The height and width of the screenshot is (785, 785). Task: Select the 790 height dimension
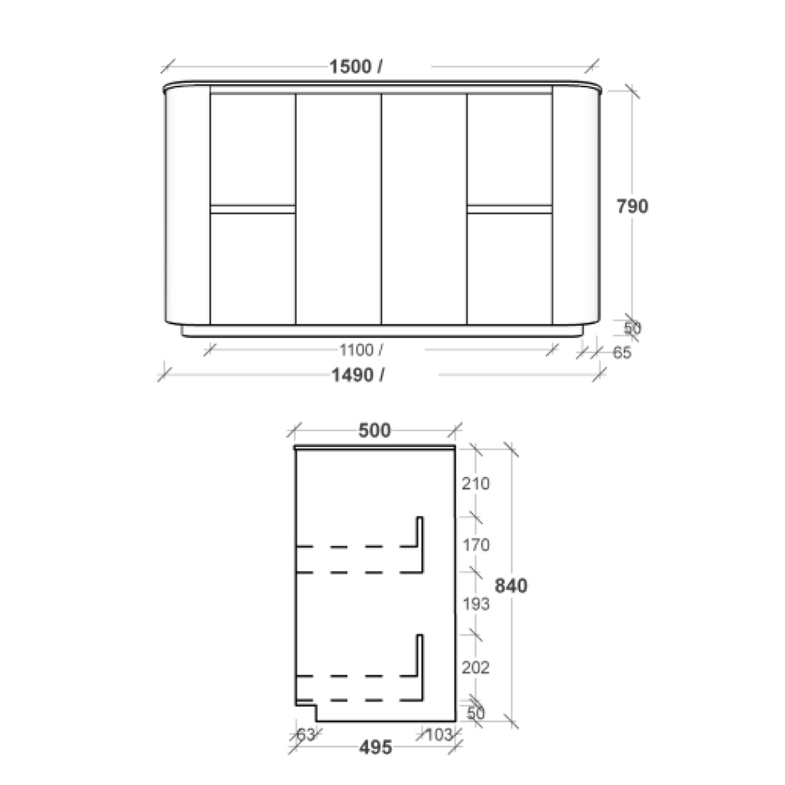633,206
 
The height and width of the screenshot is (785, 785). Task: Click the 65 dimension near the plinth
622,353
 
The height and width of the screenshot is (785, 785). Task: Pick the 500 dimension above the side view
375,431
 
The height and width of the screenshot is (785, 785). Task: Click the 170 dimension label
476,545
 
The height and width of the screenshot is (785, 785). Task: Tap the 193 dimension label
476,604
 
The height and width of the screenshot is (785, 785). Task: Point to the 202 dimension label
476,667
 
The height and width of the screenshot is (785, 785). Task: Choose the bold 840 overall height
511,586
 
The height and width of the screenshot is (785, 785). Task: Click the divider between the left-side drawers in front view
253,209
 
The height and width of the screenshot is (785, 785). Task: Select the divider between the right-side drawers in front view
510,209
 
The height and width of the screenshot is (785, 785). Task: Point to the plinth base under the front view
381,330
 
